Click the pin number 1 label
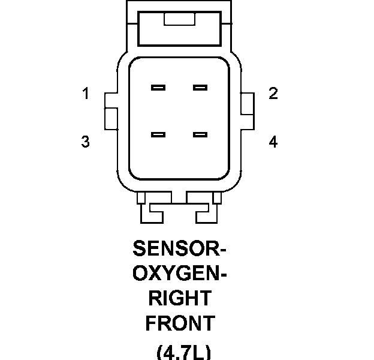tap(86, 94)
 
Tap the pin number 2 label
tap(273, 94)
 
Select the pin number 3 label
tap(86, 142)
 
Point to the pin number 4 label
tap(273, 142)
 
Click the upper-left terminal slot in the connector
tap(158, 88)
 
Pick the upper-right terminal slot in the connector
tap(200, 88)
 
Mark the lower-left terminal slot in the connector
tap(158, 134)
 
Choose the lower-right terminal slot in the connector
tap(200, 134)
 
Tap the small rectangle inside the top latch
tap(179, 20)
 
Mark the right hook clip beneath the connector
tap(203, 210)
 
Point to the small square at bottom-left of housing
tap(141, 197)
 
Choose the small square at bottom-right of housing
tap(217, 197)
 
